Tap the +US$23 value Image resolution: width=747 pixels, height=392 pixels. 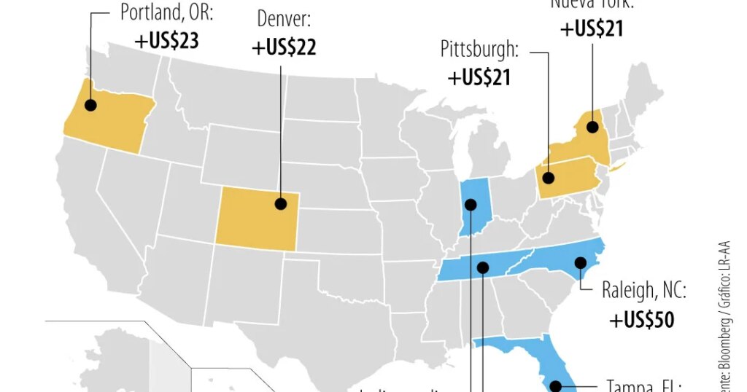coord(166,40)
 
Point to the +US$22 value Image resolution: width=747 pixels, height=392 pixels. coord(284,47)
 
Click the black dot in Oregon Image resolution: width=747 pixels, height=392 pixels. coord(90,105)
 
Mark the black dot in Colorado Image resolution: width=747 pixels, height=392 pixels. coord(281,203)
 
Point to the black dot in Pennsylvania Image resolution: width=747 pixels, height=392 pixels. coord(549,177)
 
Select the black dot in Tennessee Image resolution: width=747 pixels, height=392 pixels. coord(482,268)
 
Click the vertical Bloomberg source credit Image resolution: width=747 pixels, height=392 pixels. coord(727,313)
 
